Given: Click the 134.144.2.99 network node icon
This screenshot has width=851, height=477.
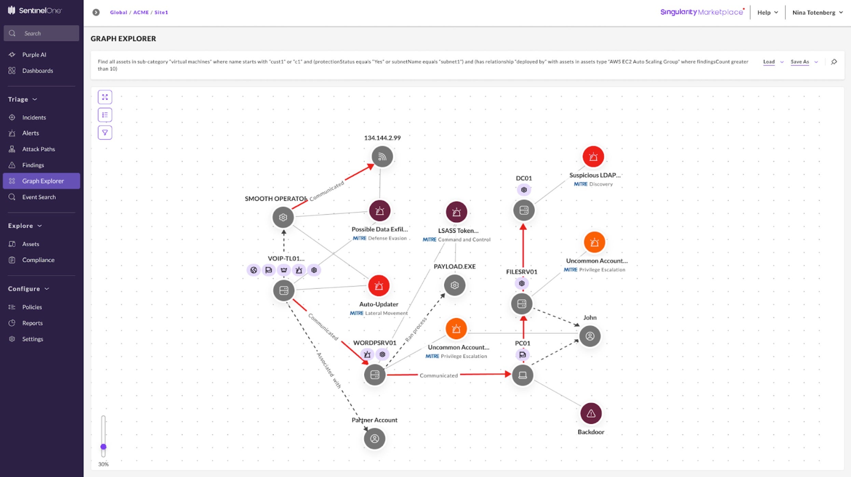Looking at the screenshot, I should [382, 157].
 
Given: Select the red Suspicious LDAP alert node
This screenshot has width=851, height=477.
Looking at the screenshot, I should [593, 157].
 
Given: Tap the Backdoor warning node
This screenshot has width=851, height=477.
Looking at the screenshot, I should [591, 414].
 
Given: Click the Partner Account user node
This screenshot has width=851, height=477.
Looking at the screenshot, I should [375, 438].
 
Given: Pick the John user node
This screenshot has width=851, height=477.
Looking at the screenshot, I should [590, 336].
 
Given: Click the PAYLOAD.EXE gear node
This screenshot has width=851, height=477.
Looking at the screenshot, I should [455, 285].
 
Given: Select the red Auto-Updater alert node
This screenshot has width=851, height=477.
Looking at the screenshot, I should [379, 286].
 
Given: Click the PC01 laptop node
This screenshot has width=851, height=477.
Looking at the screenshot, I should [522, 375].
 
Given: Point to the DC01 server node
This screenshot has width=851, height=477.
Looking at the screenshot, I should [524, 210].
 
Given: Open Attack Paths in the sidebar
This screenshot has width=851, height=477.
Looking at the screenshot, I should [38, 149].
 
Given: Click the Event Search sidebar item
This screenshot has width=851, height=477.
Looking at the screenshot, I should [39, 197].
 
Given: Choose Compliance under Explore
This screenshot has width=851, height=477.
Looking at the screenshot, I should [38, 260].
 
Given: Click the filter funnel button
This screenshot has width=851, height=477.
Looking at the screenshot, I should [105, 132].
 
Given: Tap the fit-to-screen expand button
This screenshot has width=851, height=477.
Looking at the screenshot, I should [105, 97].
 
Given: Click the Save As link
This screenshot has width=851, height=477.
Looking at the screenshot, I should [799, 62].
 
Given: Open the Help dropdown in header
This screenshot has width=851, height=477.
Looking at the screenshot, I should [767, 12].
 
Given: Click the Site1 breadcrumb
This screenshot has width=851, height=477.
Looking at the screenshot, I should [161, 12].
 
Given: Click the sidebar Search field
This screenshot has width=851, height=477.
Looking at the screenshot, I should [41, 33].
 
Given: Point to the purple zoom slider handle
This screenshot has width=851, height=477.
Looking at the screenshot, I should [103, 447].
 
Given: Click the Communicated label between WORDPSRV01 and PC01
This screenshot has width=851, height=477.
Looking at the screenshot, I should [438, 375].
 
